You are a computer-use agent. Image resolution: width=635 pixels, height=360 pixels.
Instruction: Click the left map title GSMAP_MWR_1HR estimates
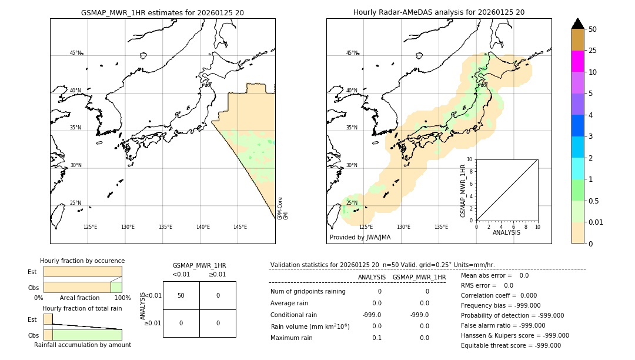tap(162, 12)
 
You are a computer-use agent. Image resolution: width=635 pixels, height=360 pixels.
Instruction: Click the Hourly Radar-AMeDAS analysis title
tap(439, 12)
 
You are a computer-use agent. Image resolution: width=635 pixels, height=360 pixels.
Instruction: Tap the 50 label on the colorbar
tap(593, 29)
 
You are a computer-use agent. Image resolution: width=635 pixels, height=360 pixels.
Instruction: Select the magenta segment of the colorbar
tap(578, 61)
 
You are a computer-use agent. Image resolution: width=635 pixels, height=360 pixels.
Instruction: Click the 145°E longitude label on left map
tap(240, 226)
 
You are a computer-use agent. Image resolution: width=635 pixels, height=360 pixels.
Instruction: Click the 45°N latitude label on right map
tap(352, 53)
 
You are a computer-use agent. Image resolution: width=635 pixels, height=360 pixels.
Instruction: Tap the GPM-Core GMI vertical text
tap(282, 208)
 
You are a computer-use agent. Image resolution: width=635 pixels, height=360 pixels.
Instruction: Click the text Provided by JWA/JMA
tap(360, 237)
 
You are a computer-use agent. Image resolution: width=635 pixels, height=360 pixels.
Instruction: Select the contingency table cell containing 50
tap(181, 295)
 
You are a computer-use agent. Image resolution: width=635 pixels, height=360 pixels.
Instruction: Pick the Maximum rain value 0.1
tap(376, 338)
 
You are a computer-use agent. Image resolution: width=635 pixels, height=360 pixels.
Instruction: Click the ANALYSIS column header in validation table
tap(372, 277)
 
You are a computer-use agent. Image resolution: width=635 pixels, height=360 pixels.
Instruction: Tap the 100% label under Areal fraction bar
tap(122, 298)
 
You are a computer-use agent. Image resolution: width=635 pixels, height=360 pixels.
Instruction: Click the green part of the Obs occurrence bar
tap(116, 287)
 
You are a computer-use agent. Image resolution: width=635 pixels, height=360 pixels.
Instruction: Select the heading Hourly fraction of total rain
tap(82, 308)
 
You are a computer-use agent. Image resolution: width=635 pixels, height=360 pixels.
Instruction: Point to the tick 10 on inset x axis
tap(537, 226)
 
